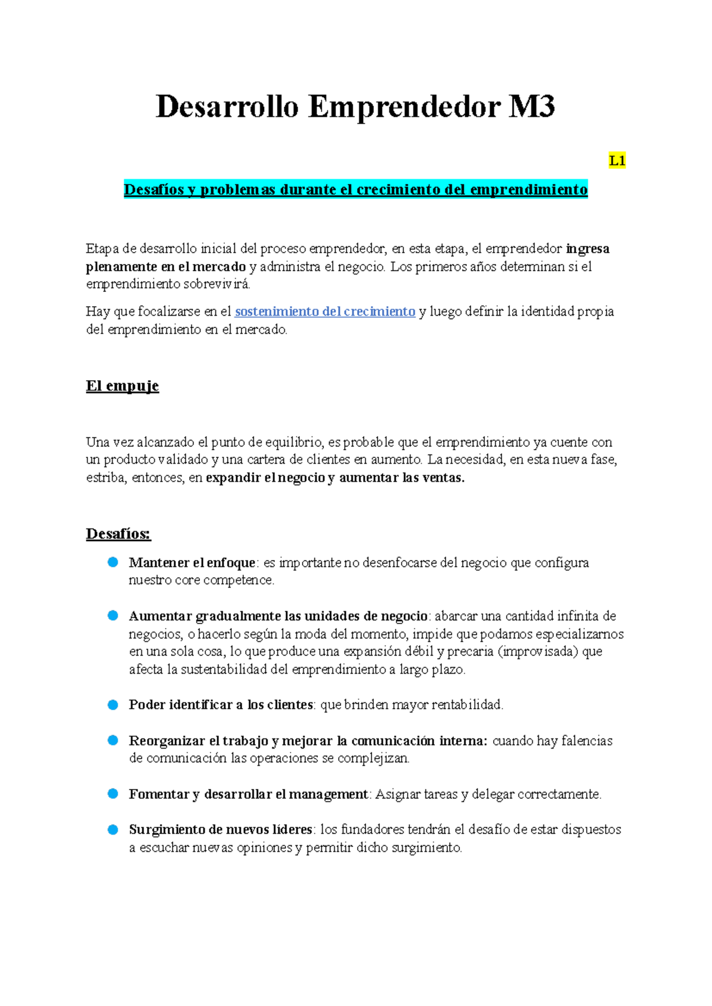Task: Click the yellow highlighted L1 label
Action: [617, 161]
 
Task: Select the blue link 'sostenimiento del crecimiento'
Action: [325, 311]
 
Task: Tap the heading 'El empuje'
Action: [122, 386]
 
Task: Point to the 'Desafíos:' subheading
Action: [119, 534]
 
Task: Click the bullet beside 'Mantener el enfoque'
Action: [113, 562]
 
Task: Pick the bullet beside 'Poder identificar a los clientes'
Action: [113, 705]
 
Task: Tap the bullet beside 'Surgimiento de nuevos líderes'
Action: [113, 829]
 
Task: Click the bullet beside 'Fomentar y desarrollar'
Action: [113, 794]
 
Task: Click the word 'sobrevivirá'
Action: [217, 284]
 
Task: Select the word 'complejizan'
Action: [373, 758]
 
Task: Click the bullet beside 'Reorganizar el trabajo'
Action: [113, 740]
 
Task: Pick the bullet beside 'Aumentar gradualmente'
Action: [113, 616]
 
